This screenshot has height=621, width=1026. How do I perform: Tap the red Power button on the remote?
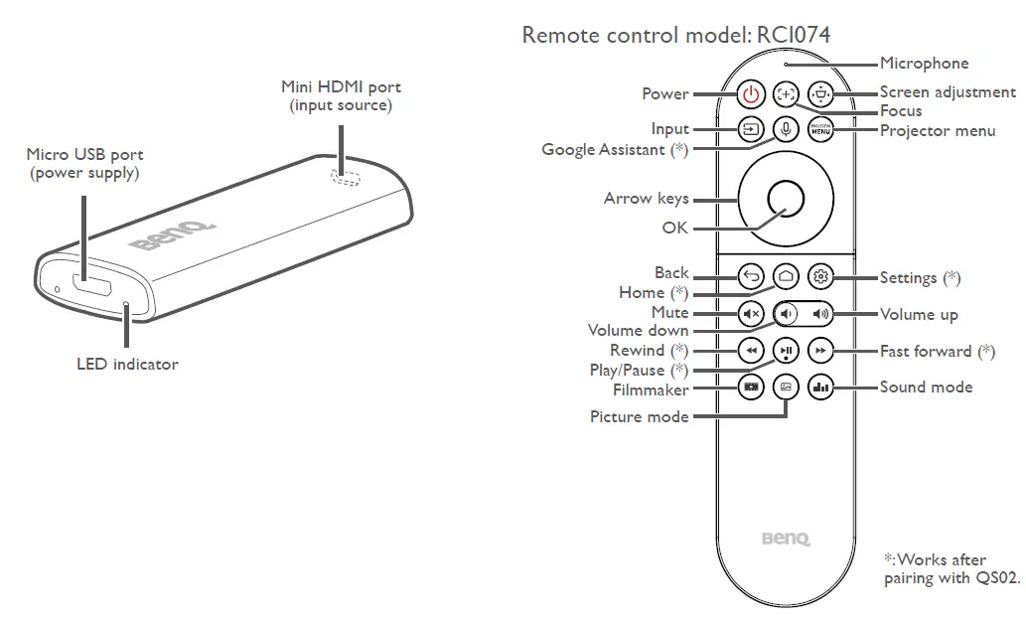pos(752,94)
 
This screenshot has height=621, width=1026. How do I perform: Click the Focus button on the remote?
pos(786,94)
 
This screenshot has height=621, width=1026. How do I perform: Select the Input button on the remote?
pos(752,129)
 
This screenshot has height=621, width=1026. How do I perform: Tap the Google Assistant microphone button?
pos(786,129)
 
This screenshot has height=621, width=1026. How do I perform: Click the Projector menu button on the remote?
pos(819,129)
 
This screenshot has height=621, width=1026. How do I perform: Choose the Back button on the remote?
pos(752,276)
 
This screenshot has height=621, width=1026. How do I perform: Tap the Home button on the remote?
pos(786,276)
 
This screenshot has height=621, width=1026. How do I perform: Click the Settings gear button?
pos(819,276)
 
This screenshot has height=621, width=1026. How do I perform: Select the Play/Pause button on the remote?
pos(786,351)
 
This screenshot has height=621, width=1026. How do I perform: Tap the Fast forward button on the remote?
pos(819,351)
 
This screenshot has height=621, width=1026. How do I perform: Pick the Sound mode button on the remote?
pos(819,388)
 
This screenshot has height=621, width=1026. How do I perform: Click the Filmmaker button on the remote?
pos(752,388)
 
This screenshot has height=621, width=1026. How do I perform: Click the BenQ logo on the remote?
pos(786,540)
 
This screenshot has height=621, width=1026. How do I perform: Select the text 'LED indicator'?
pos(127,365)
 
